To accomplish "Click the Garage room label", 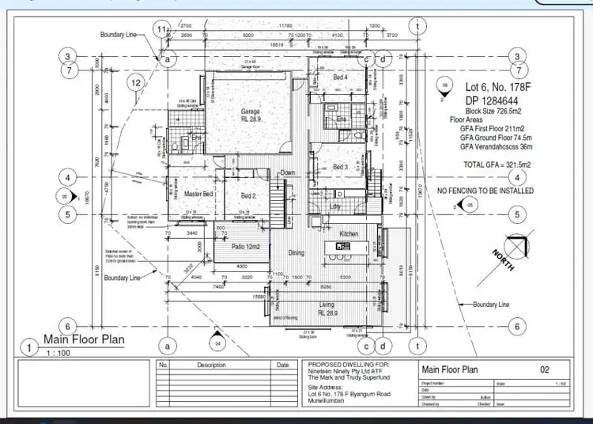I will [251, 112].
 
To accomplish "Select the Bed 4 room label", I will [340, 77].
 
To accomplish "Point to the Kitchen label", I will [349, 235].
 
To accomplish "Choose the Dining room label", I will [296, 253].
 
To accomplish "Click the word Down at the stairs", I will [288, 172].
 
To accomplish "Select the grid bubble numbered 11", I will [162, 30].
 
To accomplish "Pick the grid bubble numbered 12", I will [136, 82].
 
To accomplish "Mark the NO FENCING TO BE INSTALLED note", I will [485, 191].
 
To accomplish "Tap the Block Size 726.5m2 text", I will [486, 113].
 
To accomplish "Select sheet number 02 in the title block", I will [544, 369].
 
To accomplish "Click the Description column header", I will [211, 365].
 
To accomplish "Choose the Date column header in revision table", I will [282, 365].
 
